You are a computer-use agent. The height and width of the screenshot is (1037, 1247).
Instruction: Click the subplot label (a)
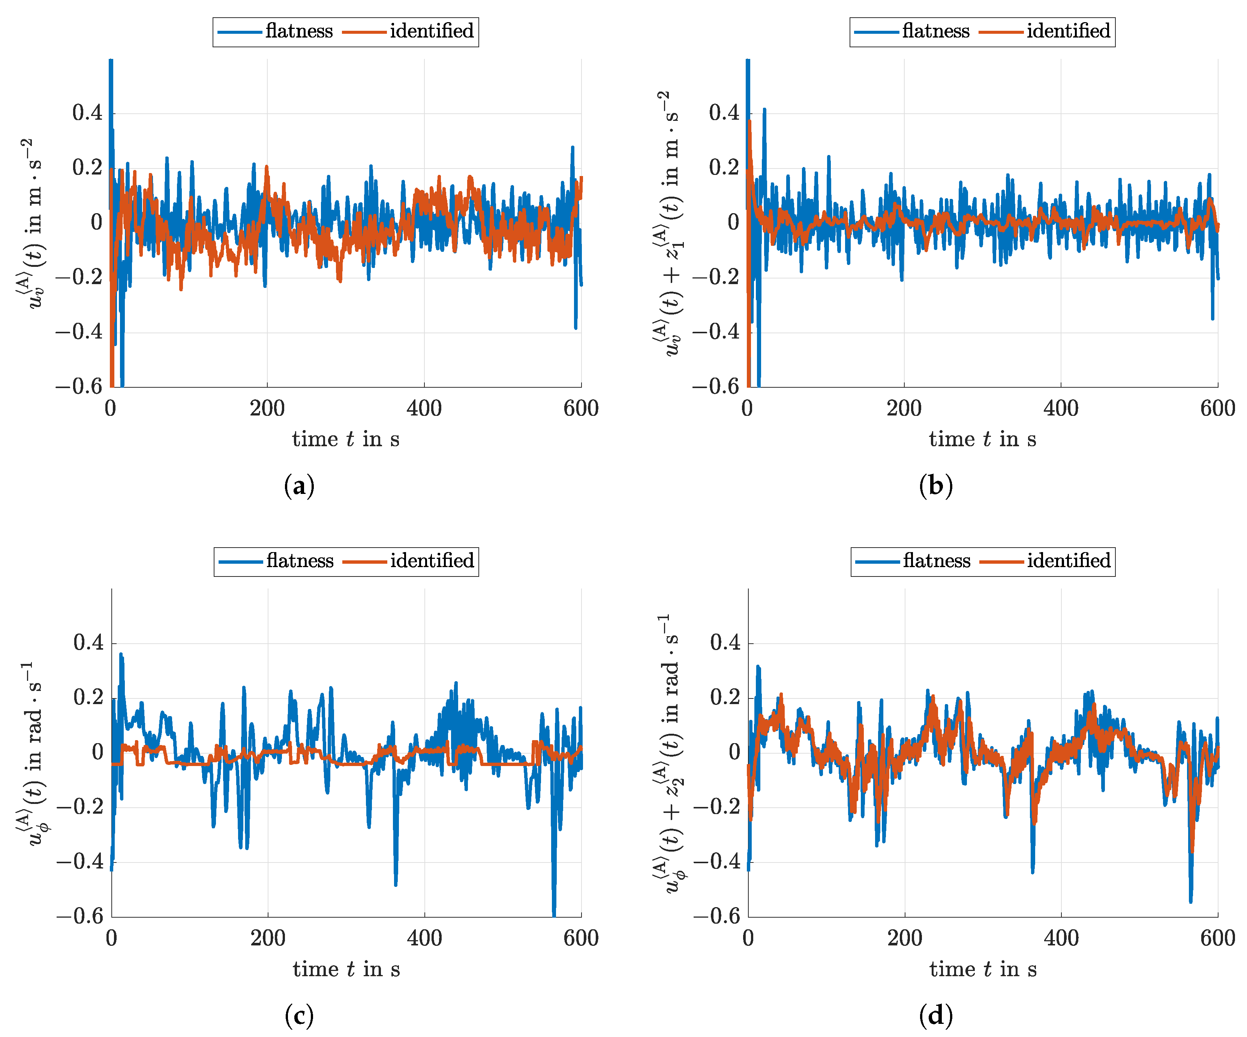pyautogui.click(x=299, y=486)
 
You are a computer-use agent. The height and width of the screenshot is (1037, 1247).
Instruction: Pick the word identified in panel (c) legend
pyautogui.click(x=432, y=561)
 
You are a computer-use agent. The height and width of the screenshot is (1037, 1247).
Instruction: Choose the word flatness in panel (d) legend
pyautogui.click(x=936, y=561)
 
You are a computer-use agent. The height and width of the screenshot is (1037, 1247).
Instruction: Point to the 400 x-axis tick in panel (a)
pyautogui.click(x=424, y=409)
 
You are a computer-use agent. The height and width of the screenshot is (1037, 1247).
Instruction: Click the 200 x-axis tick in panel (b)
pyautogui.click(x=904, y=409)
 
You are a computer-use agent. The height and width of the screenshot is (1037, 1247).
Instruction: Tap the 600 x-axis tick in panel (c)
pyautogui.click(x=581, y=938)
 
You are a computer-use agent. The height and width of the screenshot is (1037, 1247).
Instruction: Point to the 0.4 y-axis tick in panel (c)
pyautogui.click(x=88, y=643)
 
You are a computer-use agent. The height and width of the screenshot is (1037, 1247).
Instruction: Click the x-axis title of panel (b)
pyautogui.click(x=982, y=439)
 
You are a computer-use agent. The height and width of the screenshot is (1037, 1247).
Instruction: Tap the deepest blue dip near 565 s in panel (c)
pyautogui.click(x=554, y=912)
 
